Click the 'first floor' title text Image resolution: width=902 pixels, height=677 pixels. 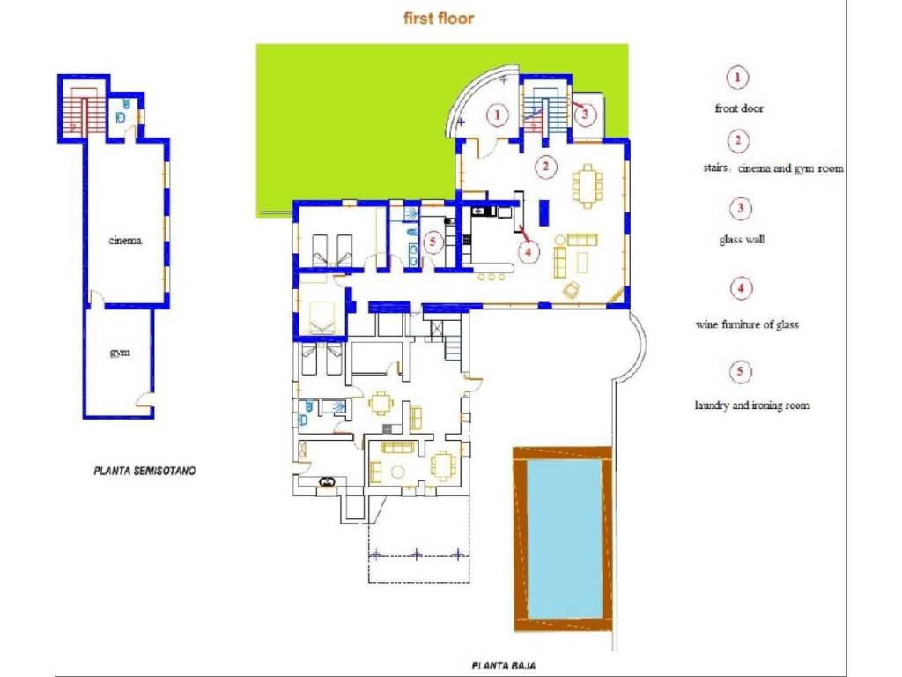(439, 18)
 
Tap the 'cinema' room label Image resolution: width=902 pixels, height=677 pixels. (125, 240)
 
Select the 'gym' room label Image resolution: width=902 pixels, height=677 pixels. (120, 353)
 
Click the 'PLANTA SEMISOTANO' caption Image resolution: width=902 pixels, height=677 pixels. (144, 471)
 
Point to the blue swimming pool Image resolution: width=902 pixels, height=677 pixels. (565, 539)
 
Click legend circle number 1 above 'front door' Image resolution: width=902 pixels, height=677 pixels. (737, 78)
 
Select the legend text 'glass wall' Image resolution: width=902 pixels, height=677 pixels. (742, 240)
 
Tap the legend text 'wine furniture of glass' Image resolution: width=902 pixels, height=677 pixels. (747, 324)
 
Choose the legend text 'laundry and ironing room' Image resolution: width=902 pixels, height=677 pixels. (752, 405)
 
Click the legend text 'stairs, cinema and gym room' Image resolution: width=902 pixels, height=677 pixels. (773, 168)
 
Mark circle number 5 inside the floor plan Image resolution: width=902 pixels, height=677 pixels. (433, 242)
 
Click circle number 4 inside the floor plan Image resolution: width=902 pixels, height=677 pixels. (529, 250)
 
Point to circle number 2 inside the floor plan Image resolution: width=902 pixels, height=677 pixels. (545, 167)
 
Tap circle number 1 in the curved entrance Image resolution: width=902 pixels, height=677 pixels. (498, 115)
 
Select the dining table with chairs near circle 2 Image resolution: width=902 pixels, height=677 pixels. (588, 185)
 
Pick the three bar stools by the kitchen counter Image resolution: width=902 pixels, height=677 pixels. (492, 277)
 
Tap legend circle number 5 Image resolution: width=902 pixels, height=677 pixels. (740, 371)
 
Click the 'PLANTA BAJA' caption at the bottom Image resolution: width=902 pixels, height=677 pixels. (504, 666)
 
